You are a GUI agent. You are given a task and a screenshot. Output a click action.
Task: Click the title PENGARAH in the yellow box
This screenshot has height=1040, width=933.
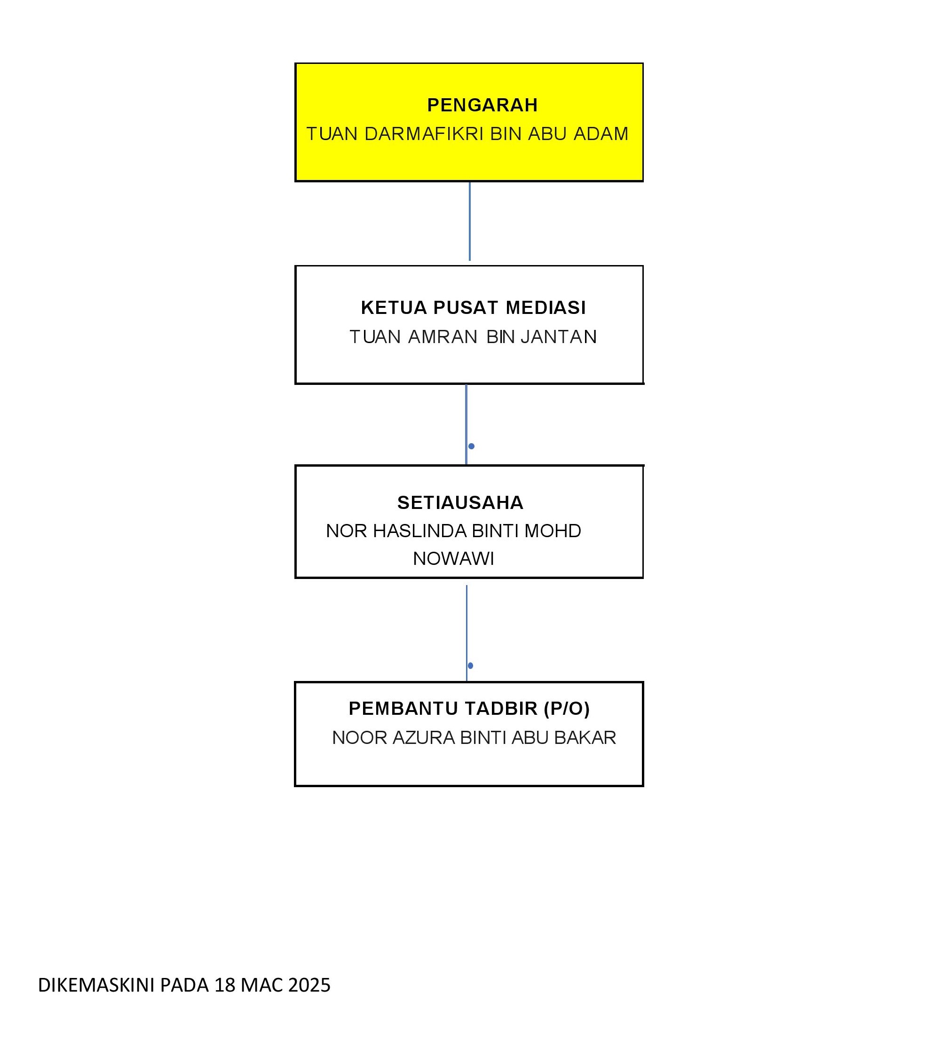[482, 105]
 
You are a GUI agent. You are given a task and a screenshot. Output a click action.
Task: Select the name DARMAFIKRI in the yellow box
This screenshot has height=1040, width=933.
[424, 134]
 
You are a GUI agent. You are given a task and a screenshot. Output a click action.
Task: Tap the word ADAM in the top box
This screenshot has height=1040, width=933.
[601, 134]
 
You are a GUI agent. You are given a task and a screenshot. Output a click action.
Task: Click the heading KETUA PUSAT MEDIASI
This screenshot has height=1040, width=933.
[473, 307]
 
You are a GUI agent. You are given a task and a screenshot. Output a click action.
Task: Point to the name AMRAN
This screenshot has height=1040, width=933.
[443, 336]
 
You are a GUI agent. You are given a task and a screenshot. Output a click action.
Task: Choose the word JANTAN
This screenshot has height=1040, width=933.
[559, 336]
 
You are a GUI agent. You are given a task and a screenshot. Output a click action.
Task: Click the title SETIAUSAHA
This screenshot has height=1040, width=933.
[460, 502]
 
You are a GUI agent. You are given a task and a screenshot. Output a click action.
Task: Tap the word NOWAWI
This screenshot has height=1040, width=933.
[454, 558]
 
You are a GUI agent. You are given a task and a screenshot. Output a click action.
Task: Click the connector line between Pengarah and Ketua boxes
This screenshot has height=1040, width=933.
[470, 221]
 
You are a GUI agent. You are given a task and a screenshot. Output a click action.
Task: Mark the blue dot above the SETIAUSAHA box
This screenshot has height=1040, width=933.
[471, 446]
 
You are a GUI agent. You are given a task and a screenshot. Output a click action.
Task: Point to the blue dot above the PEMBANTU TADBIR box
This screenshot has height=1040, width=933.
[471, 665]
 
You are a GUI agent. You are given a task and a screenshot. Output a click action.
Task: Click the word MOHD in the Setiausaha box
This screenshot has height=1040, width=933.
[553, 531]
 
